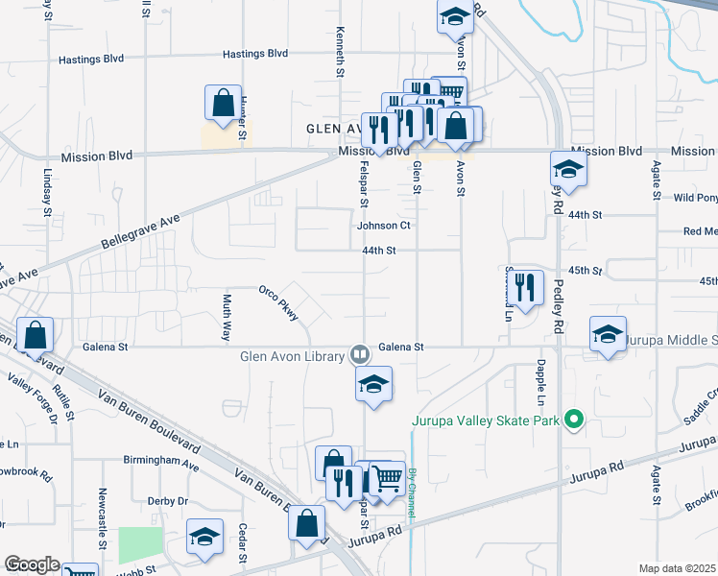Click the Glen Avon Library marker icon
(x=359, y=353)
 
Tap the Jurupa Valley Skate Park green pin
(x=574, y=420)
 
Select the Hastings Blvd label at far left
(x=93, y=59)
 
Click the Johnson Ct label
(x=384, y=226)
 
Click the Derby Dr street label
(x=168, y=501)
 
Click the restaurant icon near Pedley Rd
(x=525, y=286)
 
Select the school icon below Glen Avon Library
(x=373, y=384)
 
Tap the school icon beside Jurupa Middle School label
(x=608, y=334)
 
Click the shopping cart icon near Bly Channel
(x=386, y=476)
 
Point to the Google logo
(x=32, y=564)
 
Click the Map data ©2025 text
(x=678, y=568)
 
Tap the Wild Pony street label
(x=695, y=198)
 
